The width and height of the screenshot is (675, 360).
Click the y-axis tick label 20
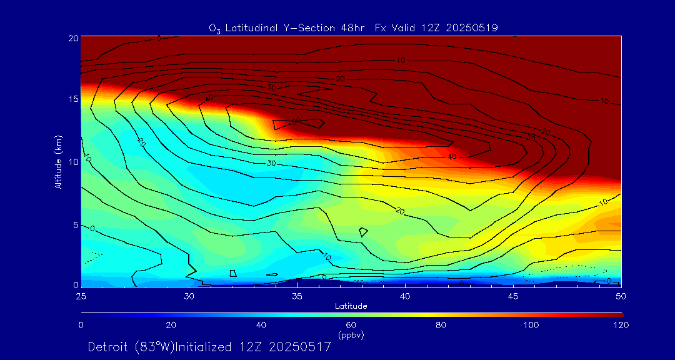click(x=72, y=38)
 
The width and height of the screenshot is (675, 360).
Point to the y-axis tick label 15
click(x=72, y=99)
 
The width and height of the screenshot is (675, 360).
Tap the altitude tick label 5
click(x=75, y=224)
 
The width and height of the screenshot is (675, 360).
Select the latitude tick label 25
click(x=81, y=295)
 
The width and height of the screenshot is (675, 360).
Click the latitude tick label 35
click(x=297, y=295)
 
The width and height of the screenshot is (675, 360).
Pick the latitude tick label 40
click(x=405, y=295)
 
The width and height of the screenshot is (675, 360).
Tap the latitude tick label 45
click(x=513, y=295)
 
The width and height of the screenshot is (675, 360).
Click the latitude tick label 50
click(x=621, y=295)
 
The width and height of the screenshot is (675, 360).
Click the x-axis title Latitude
click(x=351, y=306)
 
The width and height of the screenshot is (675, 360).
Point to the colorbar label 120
click(x=621, y=325)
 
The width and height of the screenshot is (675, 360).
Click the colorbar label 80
click(x=441, y=325)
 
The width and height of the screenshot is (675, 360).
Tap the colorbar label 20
click(x=171, y=325)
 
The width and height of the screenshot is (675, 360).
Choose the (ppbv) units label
click(x=351, y=335)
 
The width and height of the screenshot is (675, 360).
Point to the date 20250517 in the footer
click(x=299, y=347)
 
